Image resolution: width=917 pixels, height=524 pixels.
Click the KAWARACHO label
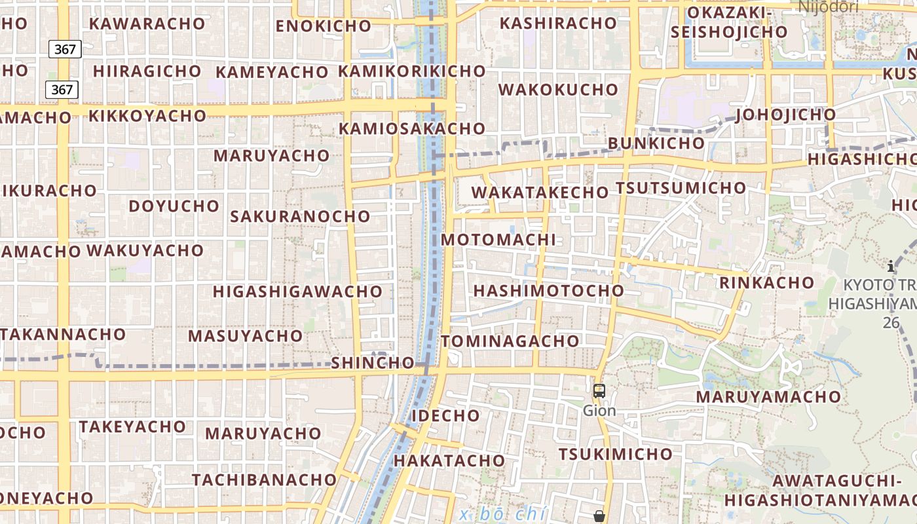[147, 24]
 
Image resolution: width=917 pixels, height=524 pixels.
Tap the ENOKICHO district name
[324, 26]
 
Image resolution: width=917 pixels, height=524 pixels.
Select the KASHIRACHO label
[558, 23]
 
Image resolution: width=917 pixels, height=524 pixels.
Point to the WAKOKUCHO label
[558, 89]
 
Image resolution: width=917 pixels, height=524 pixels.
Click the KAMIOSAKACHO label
[411, 128]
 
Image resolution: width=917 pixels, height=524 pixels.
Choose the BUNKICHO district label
[656, 143]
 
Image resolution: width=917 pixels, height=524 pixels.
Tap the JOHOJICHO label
[786, 115]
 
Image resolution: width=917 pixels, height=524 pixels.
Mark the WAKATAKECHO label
[540, 193]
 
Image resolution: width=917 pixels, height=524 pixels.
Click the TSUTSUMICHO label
[681, 188]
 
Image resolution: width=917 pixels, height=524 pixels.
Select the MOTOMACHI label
[498, 240]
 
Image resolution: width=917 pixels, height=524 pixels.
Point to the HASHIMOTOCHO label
[549, 290]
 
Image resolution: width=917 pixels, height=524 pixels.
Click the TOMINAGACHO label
[510, 341]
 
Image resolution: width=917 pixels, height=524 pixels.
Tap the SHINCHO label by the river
[373, 363]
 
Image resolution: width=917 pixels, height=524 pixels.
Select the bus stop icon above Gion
[599, 391]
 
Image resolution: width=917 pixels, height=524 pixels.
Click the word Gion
[599, 411]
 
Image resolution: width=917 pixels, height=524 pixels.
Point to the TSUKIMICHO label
[615, 454]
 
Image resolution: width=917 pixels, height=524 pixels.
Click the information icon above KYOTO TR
[890, 266]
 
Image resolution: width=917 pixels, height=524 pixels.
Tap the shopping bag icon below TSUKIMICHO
[599, 516]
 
